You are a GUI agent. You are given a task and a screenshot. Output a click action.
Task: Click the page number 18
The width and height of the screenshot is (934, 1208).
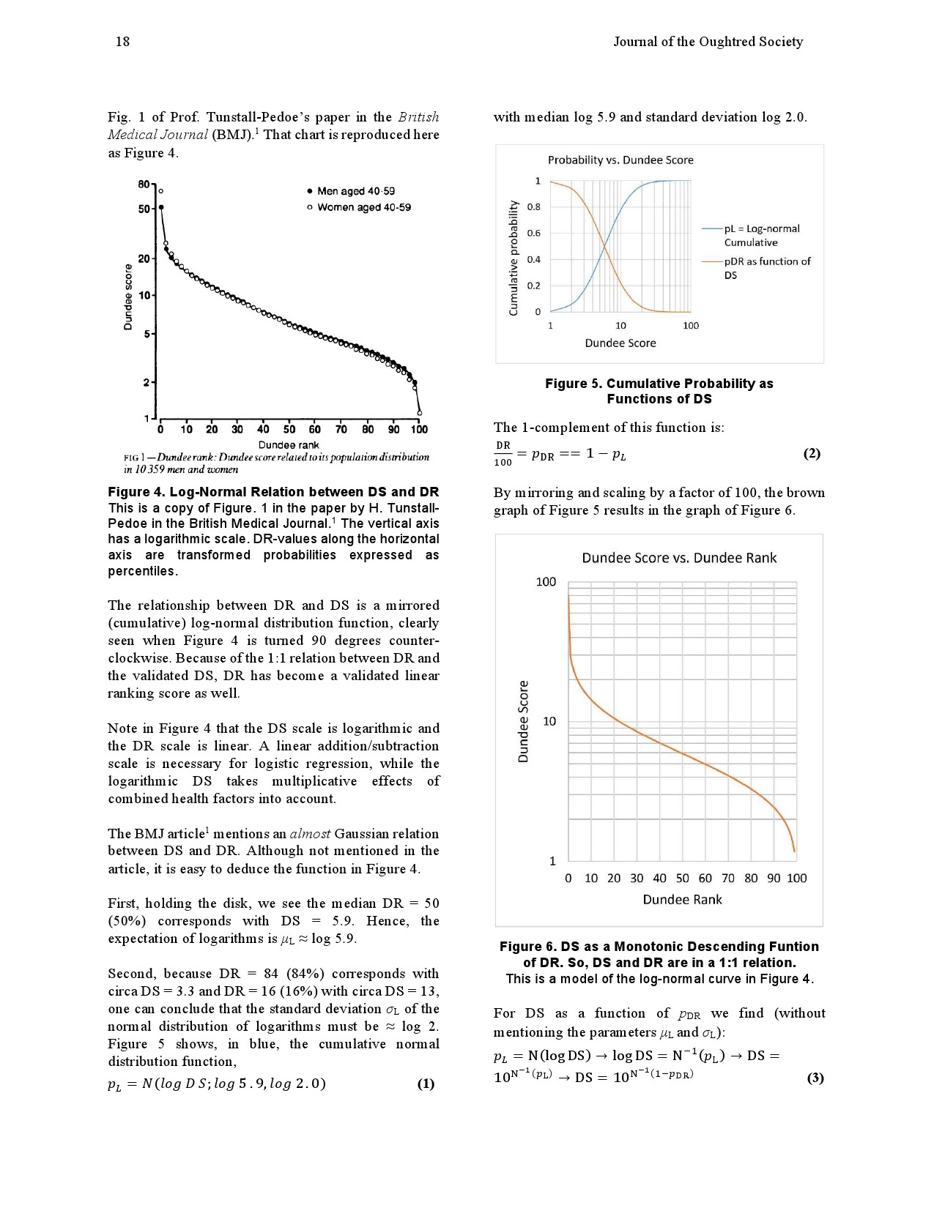click(x=122, y=42)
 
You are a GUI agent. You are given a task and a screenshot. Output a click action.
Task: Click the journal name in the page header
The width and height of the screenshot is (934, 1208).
click(x=708, y=42)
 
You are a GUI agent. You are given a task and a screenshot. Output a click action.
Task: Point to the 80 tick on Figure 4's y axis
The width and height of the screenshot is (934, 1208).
click(x=144, y=184)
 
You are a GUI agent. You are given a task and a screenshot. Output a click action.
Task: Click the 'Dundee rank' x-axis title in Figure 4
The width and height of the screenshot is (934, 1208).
click(x=289, y=444)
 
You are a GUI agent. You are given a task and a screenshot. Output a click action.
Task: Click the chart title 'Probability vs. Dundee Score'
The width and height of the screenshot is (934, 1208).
click(x=620, y=160)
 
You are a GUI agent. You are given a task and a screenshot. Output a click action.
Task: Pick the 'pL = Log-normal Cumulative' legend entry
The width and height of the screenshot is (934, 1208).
click(x=761, y=236)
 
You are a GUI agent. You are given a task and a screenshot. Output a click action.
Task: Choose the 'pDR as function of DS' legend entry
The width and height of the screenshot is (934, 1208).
click(x=767, y=268)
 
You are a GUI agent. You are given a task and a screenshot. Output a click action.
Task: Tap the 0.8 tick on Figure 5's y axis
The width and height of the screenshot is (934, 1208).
click(x=534, y=207)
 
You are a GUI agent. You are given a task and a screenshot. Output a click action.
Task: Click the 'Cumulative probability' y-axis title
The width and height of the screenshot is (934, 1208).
click(x=514, y=258)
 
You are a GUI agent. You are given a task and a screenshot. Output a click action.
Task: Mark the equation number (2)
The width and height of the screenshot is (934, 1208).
click(x=812, y=453)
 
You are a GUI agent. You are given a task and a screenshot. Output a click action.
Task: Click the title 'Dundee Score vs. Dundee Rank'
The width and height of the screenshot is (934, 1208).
click(x=679, y=558)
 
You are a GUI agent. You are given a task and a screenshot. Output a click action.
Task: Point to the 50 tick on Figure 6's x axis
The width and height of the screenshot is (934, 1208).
click(x=682, y=879)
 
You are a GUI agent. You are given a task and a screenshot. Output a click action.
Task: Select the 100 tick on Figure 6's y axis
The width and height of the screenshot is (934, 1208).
click(x=546, y=582)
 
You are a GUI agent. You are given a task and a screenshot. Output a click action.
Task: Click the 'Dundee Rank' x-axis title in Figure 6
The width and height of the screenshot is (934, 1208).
click(x=682, y=900)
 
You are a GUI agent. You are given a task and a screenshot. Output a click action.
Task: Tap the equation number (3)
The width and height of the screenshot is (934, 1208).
click(x=815, y=1078)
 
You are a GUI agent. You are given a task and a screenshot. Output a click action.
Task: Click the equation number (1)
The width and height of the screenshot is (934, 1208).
click(x=426, y=1084)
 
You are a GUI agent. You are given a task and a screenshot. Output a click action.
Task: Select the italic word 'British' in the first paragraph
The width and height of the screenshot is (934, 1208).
click(x=418, y=117)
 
